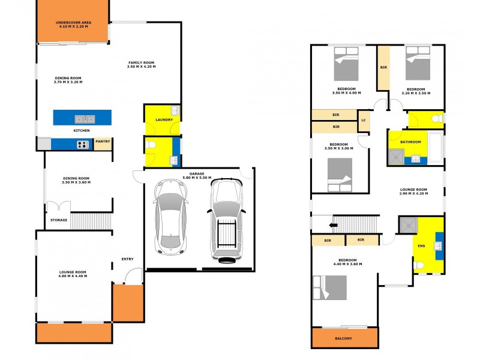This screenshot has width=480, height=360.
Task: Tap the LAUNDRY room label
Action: click(164, 120)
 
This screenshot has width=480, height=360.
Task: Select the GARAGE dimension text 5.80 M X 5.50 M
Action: click(197, 178)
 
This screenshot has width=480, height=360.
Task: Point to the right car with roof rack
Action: click(227, 220)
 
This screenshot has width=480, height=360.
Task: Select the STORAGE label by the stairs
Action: click(59, 220)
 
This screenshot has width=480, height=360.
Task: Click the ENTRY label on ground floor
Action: click(127, 259)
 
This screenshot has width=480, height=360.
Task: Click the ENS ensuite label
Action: click(421, 246)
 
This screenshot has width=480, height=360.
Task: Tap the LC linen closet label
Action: click(364, 120)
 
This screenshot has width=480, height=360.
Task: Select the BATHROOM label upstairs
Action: click(411, 142)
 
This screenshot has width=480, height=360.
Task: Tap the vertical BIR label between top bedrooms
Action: click(383, 68)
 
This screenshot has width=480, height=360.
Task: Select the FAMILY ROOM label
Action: click(142, 65)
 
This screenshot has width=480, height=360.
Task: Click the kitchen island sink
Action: click(83, 118)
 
